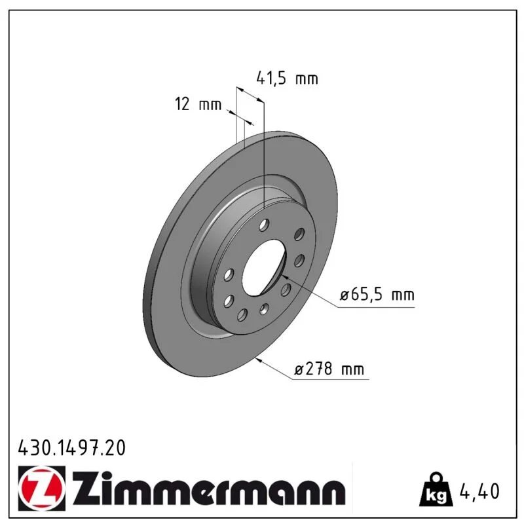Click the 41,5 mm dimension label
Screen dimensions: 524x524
(x=287, y=79)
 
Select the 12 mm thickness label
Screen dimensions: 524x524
(x=198, y=104)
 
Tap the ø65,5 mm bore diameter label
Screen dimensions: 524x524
(x=377, y=295)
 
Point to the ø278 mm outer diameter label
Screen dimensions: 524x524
(x=329, y=369)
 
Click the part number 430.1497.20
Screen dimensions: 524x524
(x=72, y=448)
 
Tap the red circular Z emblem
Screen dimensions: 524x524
(x=42, y=488)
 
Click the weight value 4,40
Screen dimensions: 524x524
(x=480, y=491)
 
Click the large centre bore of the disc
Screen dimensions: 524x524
(x=264, y=267)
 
